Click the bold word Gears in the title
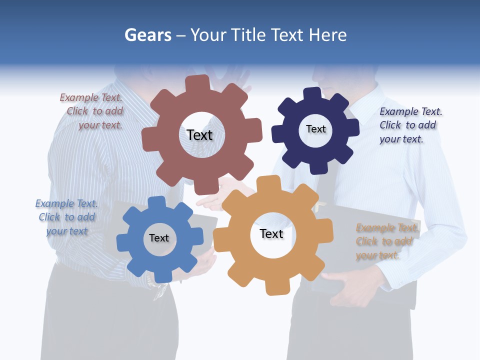click(148, 35)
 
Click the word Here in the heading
click(327, 35)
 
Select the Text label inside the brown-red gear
click(199, 135)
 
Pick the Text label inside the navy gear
click(315, 129)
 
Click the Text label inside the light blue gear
click(159, 238)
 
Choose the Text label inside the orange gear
click(271, 233)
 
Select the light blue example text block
click(67, 217)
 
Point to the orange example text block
click(385, 241)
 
